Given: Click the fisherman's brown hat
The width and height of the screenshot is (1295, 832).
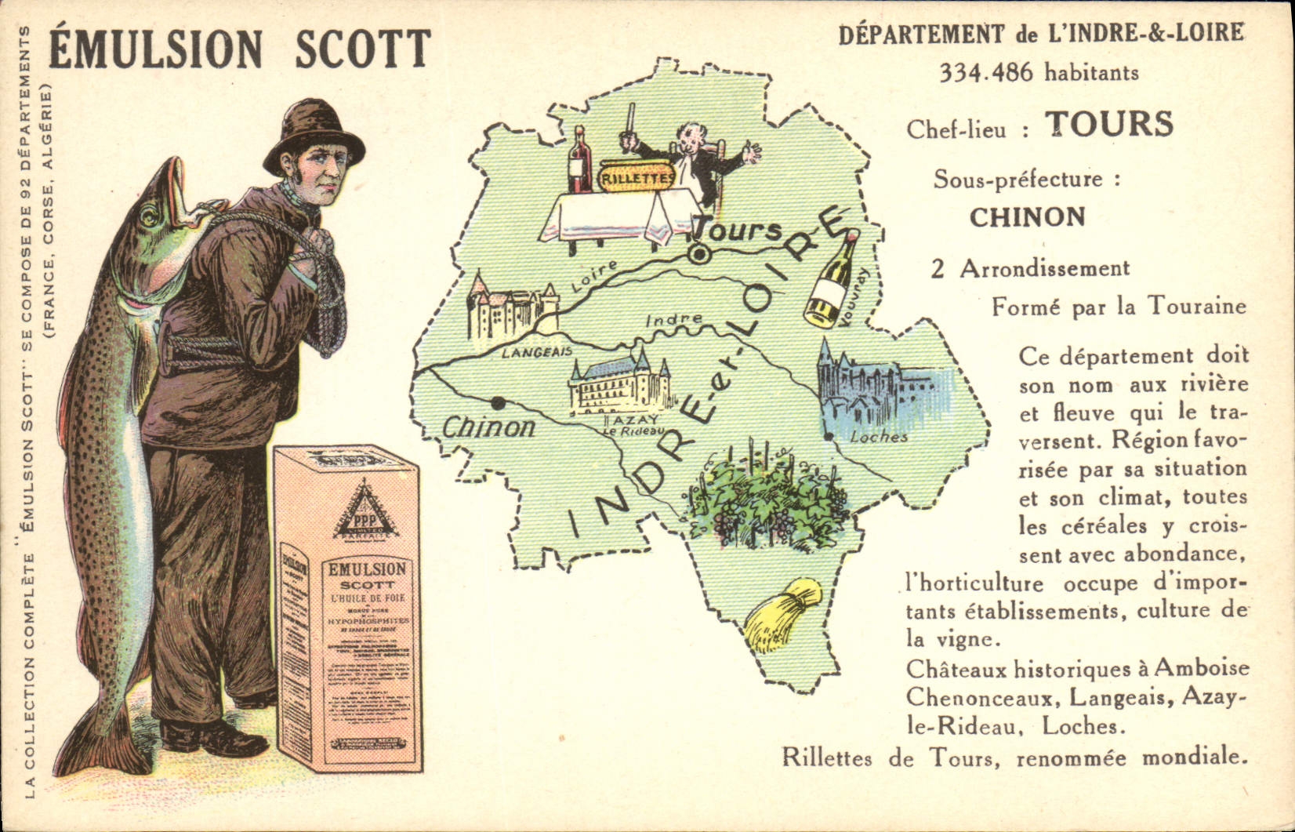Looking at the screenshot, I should pyautogui.click(x=313, y=133).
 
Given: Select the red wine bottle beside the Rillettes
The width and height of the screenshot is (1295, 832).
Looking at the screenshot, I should pyautogui.click(x=580, y=161).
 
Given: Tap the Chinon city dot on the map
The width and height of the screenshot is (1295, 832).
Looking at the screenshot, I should pyautogui.click(x=497, y=402).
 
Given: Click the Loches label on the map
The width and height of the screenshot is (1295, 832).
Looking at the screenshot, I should pyautogui.click(x=879, y=437).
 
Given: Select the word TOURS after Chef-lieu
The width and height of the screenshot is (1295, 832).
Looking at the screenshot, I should pyautogui.click(x=1109, y=124).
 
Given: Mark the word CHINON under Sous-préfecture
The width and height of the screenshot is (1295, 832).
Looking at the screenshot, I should pyautogui.click(x=1027, y=216).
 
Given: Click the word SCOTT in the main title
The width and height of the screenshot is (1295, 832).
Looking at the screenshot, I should pyautogui.click(x=362, y=49).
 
